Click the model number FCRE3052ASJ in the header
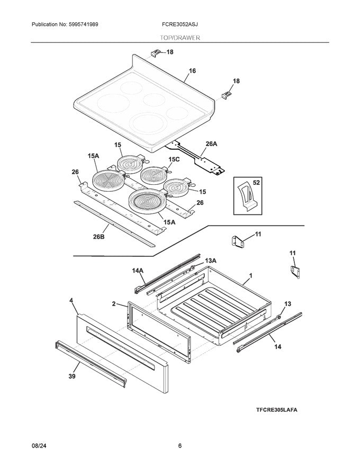[180, 25]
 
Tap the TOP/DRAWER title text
[180, 38]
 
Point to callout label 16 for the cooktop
[192, 70]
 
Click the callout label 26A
[211, 144]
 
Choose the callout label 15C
[174, 159]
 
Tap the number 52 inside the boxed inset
[257, 182]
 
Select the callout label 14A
[138, 271]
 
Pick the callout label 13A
[211, 261]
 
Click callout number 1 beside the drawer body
[250, 276]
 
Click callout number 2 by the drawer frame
[113, 304]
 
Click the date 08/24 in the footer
[39, 446]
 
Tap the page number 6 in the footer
[180, 446]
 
